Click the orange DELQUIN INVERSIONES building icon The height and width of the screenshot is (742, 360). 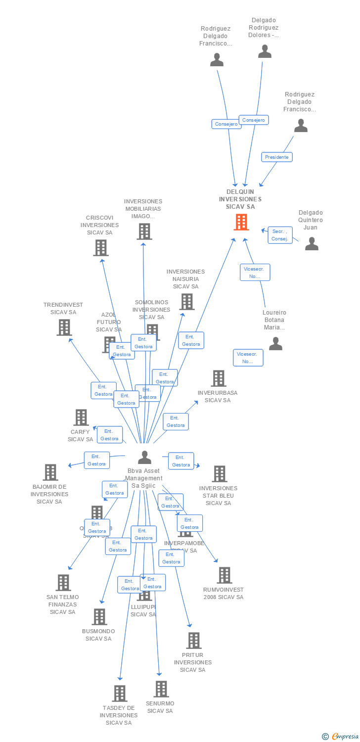[241, 222]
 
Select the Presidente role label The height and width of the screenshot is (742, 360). [277, 157]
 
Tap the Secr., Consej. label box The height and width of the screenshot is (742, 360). [280, 235]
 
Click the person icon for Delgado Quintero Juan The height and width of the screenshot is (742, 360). [312, 243]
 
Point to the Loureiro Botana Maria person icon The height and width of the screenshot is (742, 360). [275, 343]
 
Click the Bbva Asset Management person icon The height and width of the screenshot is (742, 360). [144, 458]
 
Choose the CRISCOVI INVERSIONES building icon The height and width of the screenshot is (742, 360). [100, 248]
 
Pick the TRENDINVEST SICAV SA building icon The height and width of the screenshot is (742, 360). [64, 327]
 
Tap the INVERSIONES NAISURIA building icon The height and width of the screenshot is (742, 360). [186, 302]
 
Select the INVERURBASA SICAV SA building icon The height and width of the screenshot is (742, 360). [218, 378]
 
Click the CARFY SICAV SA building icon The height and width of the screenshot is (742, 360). [81, 417]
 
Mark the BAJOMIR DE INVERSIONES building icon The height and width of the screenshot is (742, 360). [50, 472]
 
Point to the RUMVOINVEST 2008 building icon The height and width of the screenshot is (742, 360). [224, 575]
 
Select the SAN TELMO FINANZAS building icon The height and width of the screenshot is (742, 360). [63, 583]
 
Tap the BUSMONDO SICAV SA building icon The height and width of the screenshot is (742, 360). [99, 617]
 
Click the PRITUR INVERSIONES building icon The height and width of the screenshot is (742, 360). [193, 641]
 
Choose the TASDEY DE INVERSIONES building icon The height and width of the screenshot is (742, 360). [119, 694]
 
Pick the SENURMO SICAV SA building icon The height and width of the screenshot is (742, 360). [161, 689]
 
